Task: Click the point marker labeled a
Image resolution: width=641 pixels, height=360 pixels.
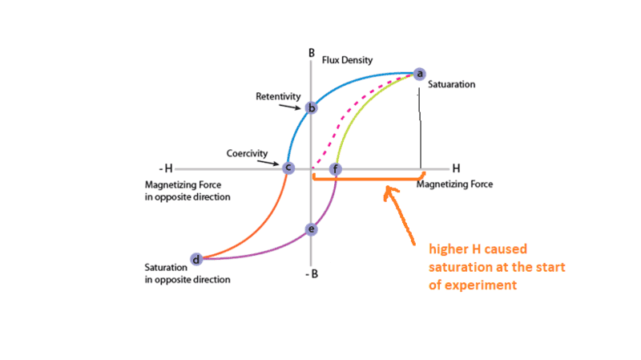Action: [418, 75]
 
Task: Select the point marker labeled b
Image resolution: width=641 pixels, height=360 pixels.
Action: [312, 107]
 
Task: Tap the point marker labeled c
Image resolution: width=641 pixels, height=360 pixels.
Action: [289, 168]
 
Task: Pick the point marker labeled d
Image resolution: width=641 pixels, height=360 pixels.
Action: [196, 258]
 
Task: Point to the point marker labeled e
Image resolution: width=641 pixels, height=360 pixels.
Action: [312, 230]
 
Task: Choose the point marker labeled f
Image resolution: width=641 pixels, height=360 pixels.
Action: [336, 169]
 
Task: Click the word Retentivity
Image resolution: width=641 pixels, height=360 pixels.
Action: [278, 96]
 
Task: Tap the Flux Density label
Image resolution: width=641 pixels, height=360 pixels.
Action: [347, 60]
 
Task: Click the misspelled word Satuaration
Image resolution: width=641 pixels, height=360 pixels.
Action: [451, 84]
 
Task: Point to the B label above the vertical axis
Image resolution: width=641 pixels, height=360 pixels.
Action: [311, 53]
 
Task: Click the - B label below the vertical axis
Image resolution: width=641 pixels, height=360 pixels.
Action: [312, 273]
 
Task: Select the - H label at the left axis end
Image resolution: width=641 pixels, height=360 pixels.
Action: [165, 168]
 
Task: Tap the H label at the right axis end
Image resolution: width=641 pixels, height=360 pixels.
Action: [456, 168]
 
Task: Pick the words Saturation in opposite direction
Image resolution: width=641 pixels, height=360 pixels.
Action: [187, 273]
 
